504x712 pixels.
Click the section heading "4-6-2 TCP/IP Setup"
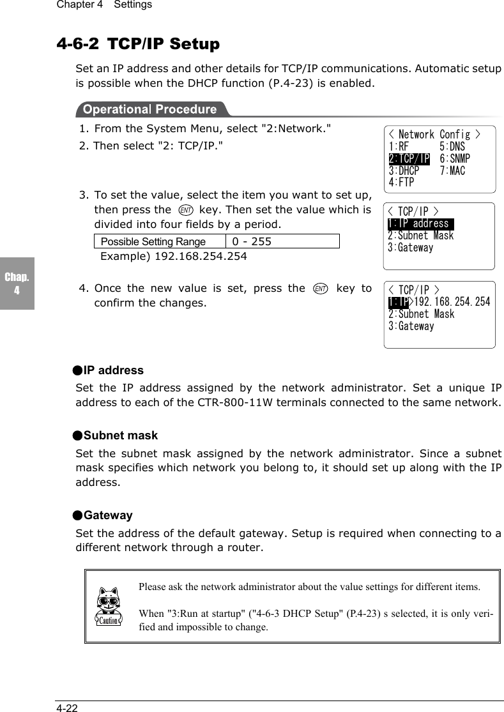tap(138, 44)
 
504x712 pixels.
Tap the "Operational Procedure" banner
tap(151, 109)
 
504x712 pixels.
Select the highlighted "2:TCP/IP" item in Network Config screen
tap(409, 159)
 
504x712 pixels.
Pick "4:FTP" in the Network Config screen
tap(401, 183)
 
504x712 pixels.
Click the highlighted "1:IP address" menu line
tap(420, 223)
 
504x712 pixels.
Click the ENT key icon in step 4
tap(321, 289)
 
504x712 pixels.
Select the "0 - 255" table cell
tap(282, 241)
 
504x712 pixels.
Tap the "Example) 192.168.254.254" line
tap(174, 256)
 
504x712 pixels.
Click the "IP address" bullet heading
tap(113, 370)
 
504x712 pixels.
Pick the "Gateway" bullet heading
tap(108, 515)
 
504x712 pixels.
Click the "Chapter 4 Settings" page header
tap(104, 5)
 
